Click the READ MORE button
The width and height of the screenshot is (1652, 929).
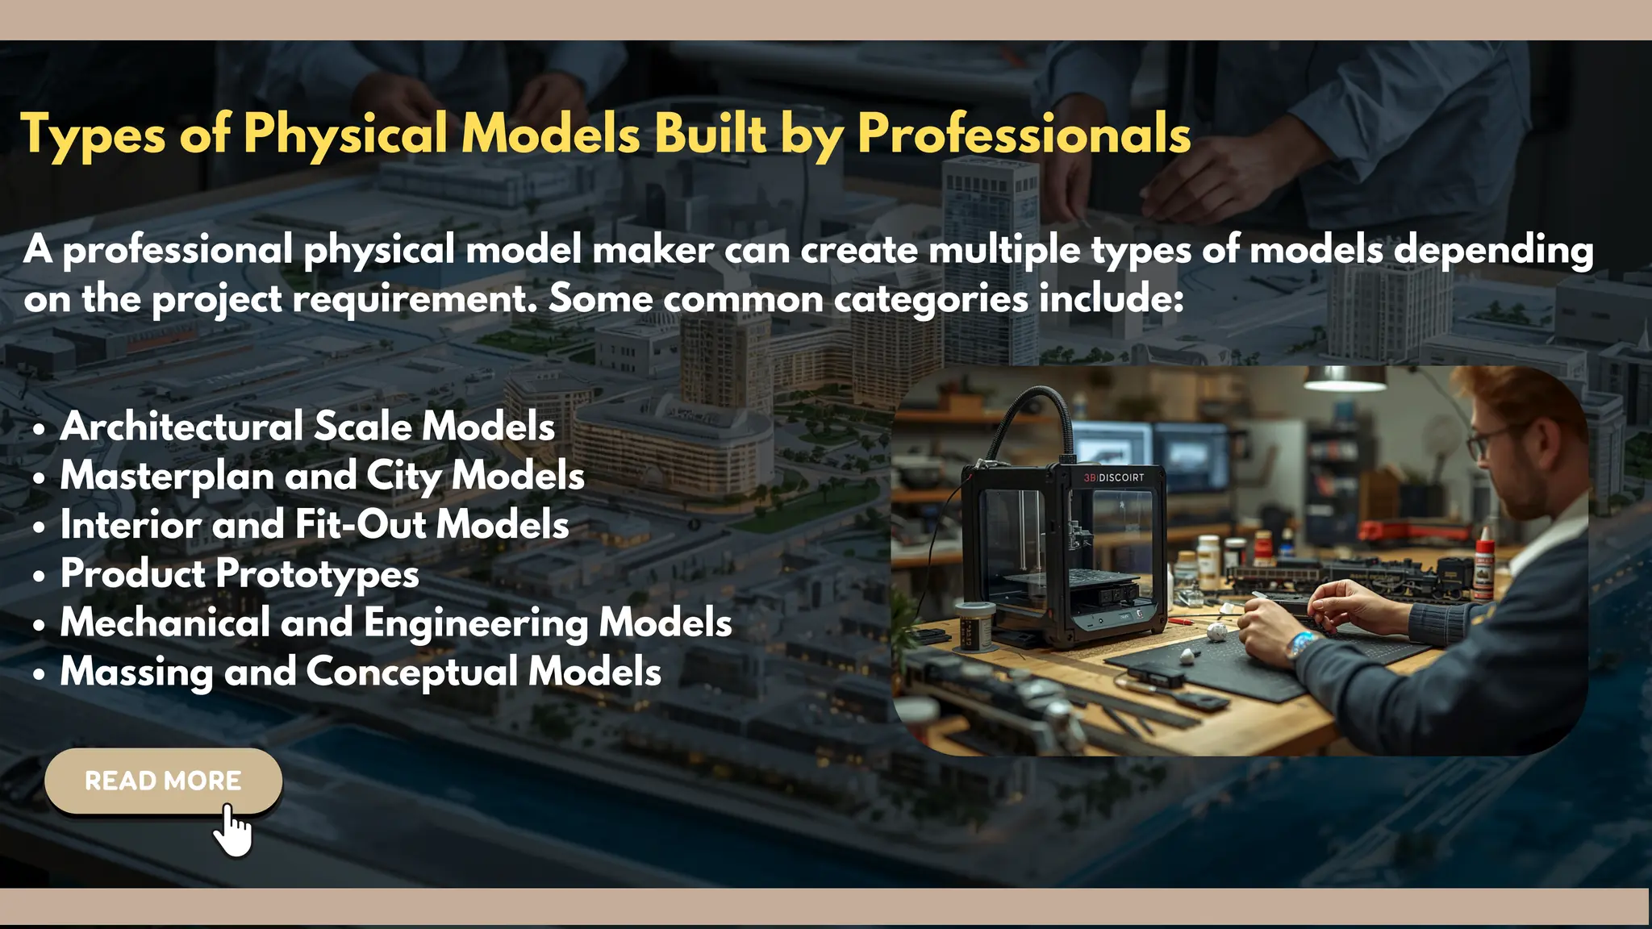(163, 781)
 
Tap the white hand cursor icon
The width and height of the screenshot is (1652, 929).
(233, 831)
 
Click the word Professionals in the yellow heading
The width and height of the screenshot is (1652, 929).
(1024, 133)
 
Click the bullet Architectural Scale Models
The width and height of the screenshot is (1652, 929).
(307, 426)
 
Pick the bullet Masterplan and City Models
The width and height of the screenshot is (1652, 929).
(322, 475)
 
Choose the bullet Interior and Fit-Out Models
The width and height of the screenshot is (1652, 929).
(315, 524)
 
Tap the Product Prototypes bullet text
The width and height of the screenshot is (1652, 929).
(240, 573)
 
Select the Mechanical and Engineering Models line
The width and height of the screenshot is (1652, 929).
(396, 623)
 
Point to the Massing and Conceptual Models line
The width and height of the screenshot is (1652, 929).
(361, 672)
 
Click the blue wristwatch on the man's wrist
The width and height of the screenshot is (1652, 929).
(1299, 644)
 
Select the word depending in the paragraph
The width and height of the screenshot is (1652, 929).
(1494, 251)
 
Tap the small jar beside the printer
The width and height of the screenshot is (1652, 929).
(974, 625)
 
